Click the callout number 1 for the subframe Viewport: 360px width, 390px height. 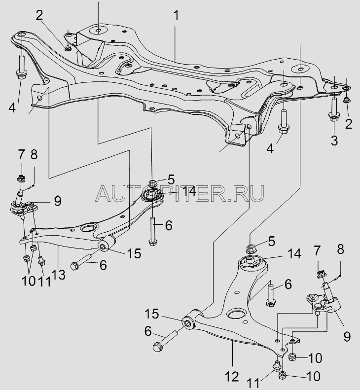176,15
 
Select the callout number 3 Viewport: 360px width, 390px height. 334,140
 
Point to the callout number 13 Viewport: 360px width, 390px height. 59,274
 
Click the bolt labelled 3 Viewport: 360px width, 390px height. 334,111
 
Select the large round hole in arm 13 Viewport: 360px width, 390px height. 88,228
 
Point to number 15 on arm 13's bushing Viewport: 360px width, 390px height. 133,253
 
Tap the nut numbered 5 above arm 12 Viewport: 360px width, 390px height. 250,248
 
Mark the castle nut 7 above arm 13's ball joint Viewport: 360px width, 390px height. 21,177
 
